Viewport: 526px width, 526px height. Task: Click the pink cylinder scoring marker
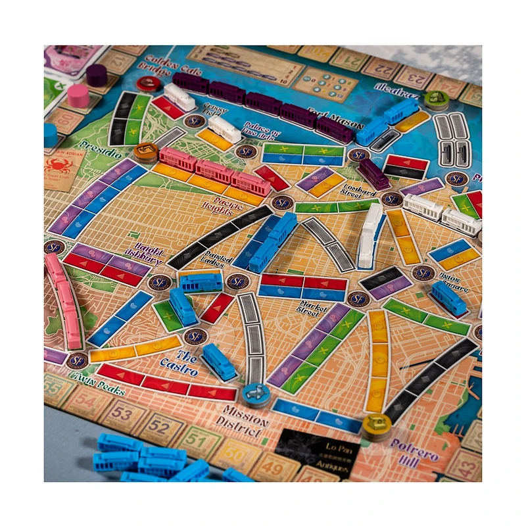tap(78, 95)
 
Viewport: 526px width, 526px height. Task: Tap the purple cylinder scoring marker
tap(97, 74)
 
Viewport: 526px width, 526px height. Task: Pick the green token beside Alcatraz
tap(435, 99)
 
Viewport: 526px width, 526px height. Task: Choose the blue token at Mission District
tap(255, 394)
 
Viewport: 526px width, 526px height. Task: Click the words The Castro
tap(179, 364)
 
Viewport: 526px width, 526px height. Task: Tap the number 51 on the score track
tap(195, 438)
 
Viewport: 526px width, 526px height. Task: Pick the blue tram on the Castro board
tap(219, 361)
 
